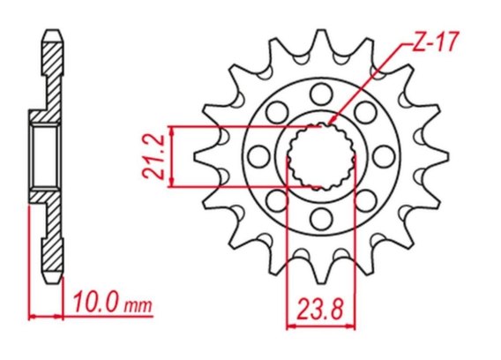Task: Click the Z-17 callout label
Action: click(x=436, y=41)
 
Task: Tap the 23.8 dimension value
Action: click(x=321, y=309)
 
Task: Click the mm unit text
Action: click(x=138, y=306)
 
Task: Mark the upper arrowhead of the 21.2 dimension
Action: click(x=172, y=130)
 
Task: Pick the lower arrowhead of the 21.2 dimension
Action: click(x=172, y=183)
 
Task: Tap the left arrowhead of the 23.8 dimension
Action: click(x=291, y=326)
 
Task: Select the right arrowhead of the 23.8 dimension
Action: click(x=351, y=326)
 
